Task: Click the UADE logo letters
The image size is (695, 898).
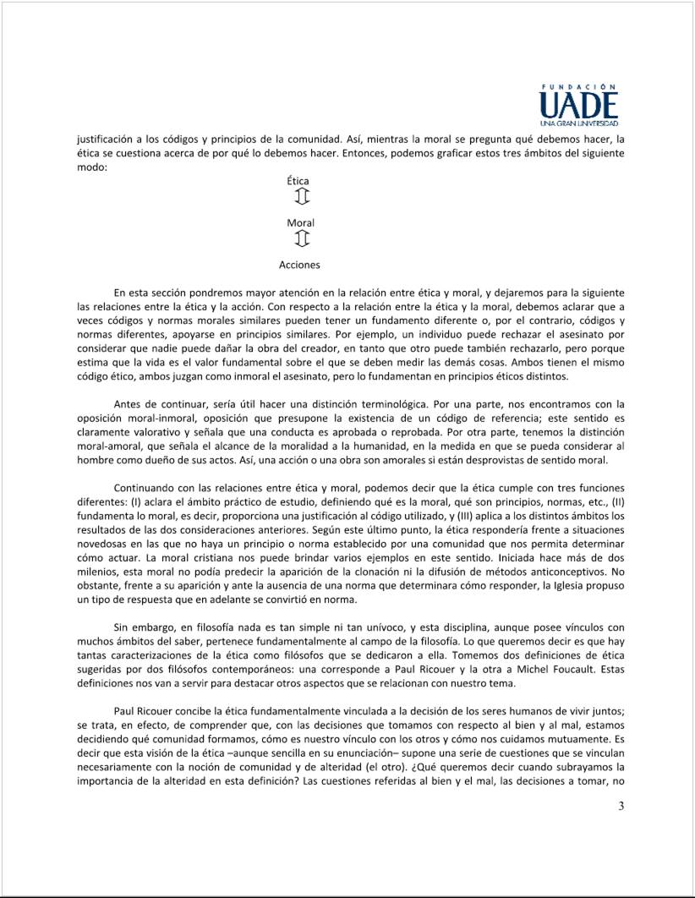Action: pyautogui.click(x=578, y=106)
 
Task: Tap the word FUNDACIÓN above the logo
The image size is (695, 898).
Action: pyautogui.click(x=579, y=86)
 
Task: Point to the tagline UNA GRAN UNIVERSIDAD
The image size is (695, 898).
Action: pyautogui.click(x=579, y=124)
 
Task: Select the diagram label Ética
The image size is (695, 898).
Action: pyautogui.click(x=298, y=181)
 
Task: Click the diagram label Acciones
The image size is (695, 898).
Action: pyautogui.click(x=299, y=265)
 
